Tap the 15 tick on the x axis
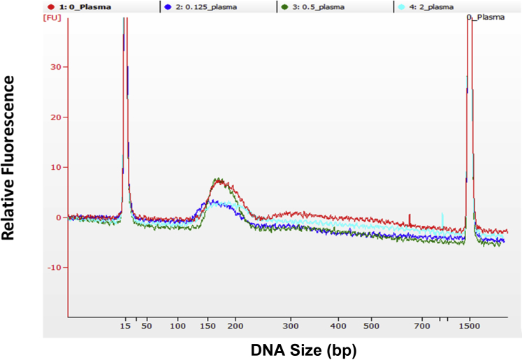(125, 326)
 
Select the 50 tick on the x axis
(147, 326)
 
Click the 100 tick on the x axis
(178, 326)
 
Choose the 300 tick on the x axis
(291, 326)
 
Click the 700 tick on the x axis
(422, 326)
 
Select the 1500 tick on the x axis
(470, 326)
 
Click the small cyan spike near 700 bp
(442, 219)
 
